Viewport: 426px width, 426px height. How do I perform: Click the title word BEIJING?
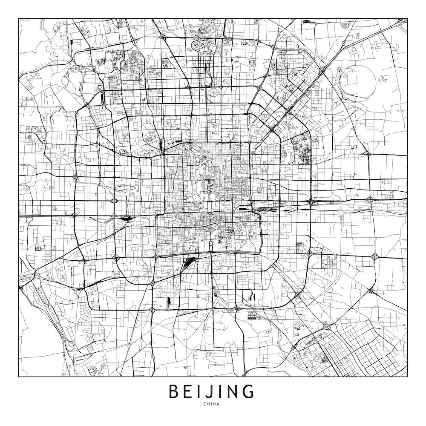click(212, 391)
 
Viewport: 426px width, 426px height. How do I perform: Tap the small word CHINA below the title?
click(212, 404)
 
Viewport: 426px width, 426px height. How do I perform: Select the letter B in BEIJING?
click(174, 391)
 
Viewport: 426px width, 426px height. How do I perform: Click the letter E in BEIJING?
click(188, 391)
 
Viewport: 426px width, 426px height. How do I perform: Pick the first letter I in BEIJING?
click(199, 391)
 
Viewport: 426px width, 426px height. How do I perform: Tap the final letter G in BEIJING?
click(249, 391)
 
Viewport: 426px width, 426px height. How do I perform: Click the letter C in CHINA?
click(205, 404)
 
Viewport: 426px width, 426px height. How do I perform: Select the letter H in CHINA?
click(208, 404)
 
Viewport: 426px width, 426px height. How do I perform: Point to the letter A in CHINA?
click(219, 404)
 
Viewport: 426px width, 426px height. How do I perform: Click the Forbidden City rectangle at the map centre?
click(209, 186)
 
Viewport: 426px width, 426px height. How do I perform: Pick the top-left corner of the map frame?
click(19, 18)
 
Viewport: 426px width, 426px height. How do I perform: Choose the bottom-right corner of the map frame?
click(407, 377)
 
